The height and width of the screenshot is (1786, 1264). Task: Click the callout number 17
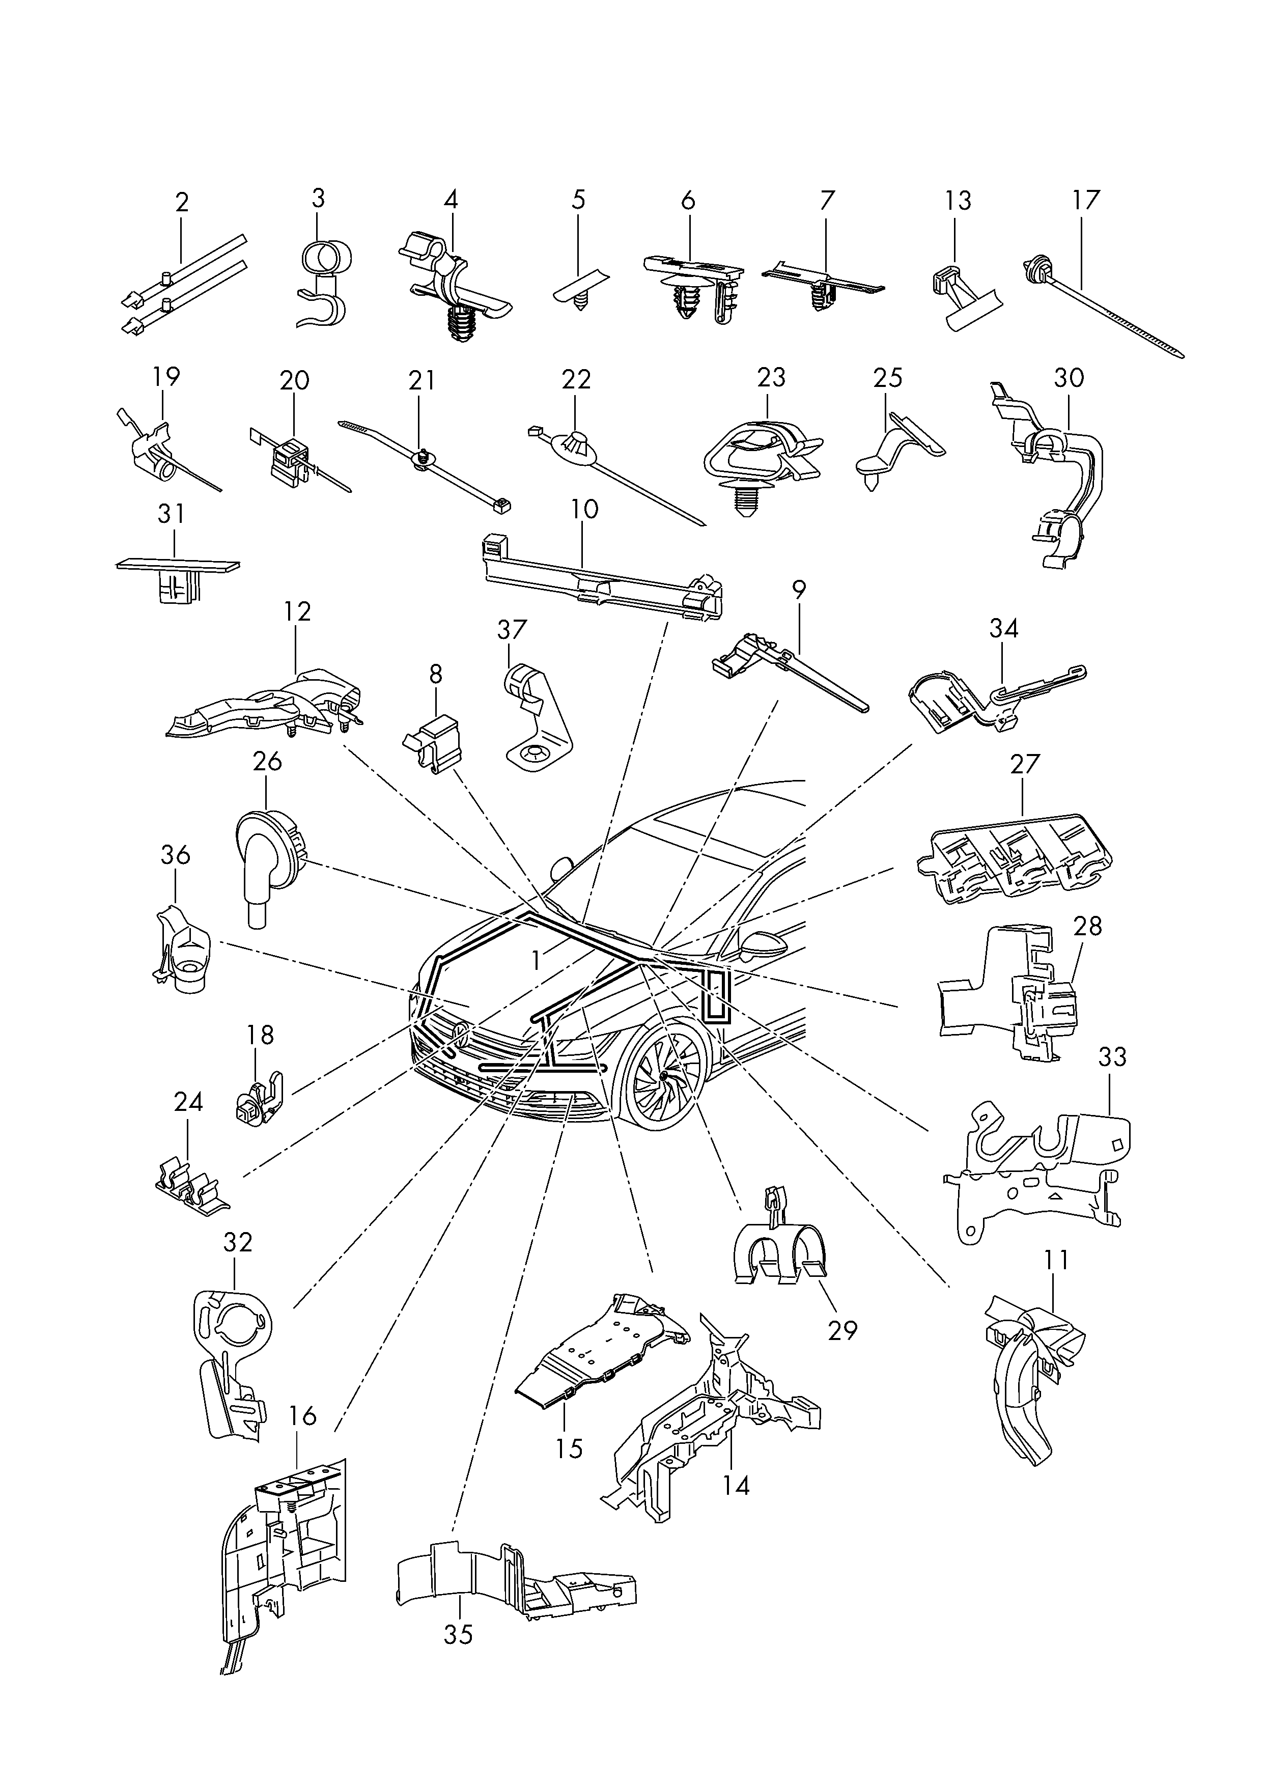tap(1086, 200)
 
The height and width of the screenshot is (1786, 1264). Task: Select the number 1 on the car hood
tap(536, 961)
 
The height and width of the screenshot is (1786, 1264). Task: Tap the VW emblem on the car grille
tap(460, 1035)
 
